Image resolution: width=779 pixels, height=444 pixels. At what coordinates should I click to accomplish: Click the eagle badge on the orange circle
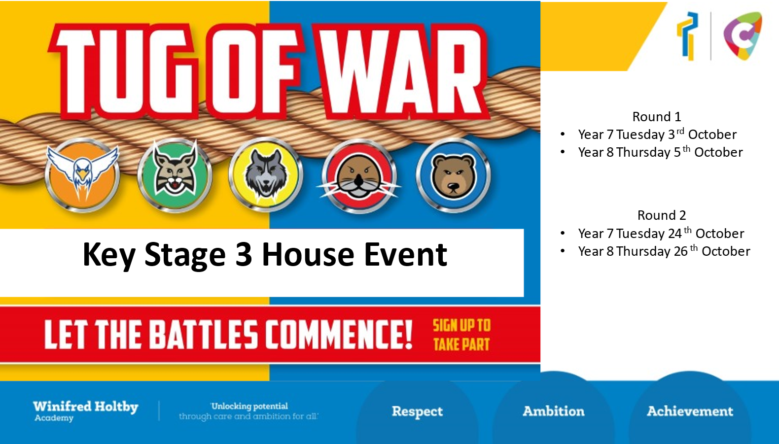82,175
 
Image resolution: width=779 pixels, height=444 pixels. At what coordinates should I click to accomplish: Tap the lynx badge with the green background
175,175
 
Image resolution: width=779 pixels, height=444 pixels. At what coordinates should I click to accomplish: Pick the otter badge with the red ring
359,176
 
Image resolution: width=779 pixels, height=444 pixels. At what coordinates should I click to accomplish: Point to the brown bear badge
453,175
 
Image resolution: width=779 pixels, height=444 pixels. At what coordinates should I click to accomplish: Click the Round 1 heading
657,116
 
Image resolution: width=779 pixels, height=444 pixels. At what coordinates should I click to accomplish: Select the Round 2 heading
662,215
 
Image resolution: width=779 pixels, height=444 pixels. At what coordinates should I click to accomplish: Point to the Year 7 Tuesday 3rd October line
657,134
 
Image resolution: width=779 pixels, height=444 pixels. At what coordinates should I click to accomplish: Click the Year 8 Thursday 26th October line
664,251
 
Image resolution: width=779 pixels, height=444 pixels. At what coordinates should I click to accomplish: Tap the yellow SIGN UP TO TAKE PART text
461,335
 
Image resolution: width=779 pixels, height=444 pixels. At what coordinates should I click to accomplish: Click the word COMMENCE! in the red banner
339,335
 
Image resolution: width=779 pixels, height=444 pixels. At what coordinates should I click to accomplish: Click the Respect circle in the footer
417,412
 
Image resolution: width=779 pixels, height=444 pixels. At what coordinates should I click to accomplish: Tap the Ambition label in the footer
554,411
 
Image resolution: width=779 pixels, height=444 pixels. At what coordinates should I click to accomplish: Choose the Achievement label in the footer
690,411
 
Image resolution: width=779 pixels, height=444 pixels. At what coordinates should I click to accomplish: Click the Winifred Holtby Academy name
86,411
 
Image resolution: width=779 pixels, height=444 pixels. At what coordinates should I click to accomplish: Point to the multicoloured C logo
743,36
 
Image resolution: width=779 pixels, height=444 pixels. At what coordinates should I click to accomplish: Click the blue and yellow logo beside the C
687,36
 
